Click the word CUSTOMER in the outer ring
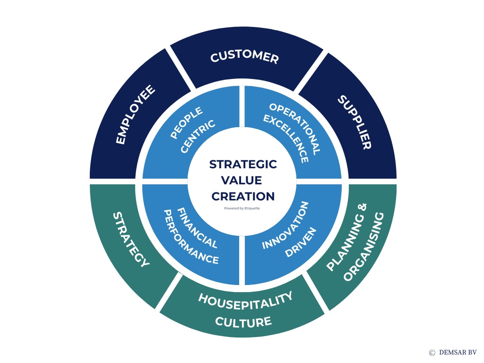tap(244, 57)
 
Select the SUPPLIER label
tap(354, 122)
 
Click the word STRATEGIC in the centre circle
tap(243, 164)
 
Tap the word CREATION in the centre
tap(243, 196)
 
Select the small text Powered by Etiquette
tap(242, 208)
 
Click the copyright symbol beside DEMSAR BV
tap(432, 353)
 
